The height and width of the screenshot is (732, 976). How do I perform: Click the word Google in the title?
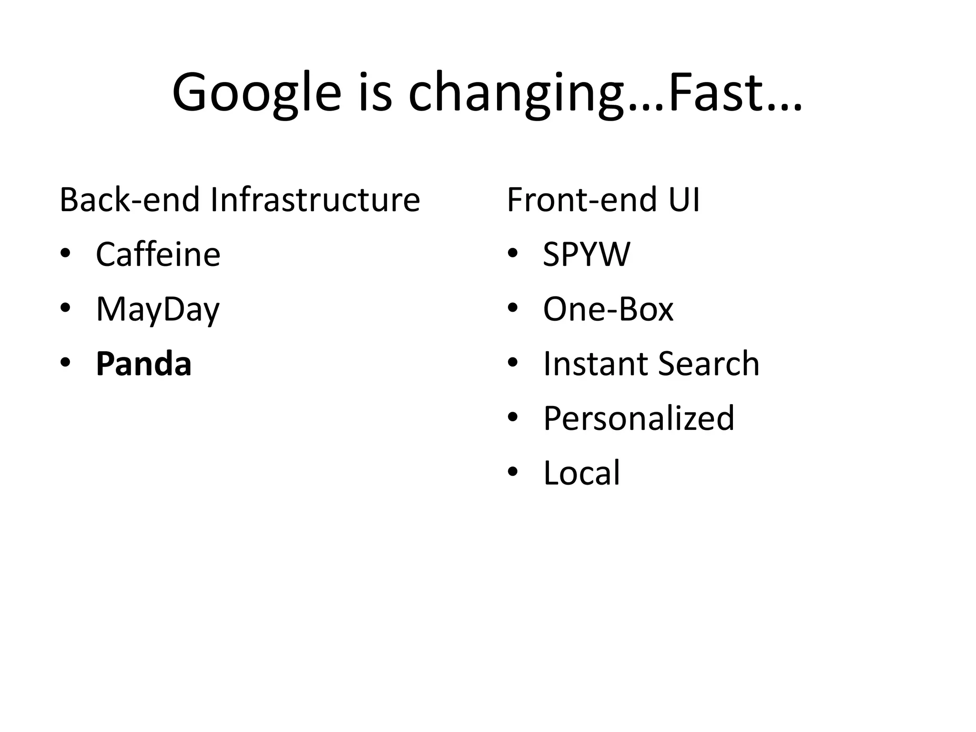257,93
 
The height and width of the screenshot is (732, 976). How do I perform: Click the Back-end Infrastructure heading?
240,200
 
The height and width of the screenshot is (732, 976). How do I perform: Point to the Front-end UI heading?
603,200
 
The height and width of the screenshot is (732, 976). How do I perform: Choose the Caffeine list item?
158,254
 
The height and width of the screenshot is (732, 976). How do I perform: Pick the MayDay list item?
158,310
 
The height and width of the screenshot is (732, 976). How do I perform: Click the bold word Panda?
143,364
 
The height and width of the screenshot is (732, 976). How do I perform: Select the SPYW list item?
586,254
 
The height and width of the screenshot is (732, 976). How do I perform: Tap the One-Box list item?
608,309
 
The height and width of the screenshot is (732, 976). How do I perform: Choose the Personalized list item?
639,418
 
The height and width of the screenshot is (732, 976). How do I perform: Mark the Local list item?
581,473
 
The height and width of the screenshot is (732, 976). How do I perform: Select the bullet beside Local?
512,472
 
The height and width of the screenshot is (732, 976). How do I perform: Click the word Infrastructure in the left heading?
315,200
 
